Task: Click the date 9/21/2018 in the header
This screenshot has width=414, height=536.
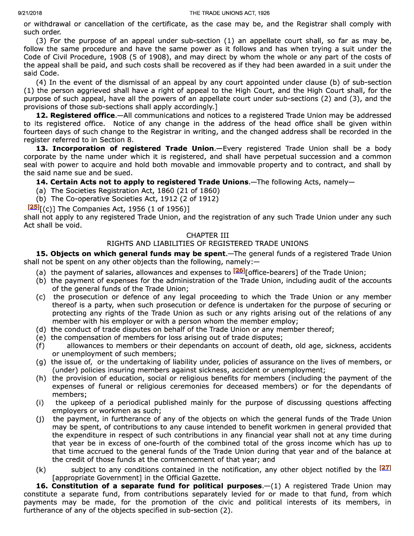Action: click(x=30, y=13)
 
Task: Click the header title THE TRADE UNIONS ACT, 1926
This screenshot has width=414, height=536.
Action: click(x=229, y=13)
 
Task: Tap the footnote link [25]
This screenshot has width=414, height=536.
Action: click(x=33, y=207)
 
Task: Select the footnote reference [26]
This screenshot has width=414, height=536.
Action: click(x=239, y=270)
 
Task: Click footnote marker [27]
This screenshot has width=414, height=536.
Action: click(x=385, y=468)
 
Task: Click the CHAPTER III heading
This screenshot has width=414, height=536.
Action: click(x=207, y=236)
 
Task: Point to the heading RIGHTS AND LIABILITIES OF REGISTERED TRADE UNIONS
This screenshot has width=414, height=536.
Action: click(x=207, y=244)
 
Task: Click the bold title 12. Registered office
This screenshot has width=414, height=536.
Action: click(x=75, y=115)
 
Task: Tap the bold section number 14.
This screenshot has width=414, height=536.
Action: click(x=42, y=182)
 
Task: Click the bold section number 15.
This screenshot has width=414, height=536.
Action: click(x=42, y=254)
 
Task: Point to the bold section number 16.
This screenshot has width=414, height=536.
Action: click(x=42, y=486)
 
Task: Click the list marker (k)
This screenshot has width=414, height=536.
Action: click(x=41, y=470)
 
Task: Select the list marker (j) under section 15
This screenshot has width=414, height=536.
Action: click(x=40, y=419)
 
